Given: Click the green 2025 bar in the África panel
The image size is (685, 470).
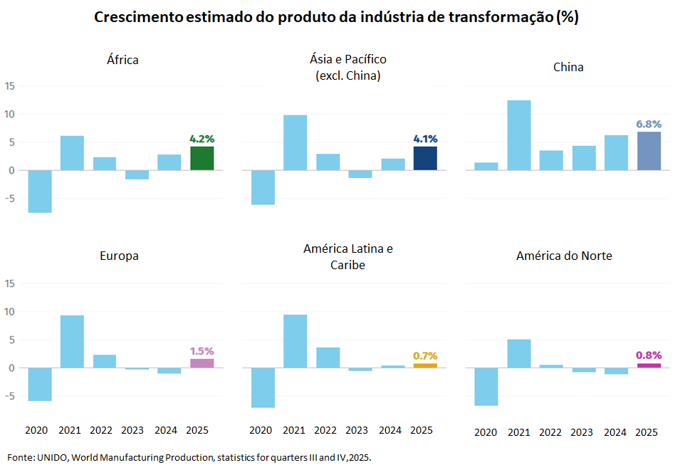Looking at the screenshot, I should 202,158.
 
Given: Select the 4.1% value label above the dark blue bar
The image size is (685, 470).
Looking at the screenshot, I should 425,139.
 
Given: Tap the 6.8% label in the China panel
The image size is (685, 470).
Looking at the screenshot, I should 649,124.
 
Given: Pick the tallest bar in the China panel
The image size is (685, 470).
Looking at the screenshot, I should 518,135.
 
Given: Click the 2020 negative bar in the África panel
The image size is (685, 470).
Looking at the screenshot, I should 40,191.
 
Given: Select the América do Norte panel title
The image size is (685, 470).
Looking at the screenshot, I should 564,256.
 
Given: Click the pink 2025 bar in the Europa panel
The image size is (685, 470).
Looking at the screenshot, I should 202,363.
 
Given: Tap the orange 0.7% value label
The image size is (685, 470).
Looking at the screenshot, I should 425,355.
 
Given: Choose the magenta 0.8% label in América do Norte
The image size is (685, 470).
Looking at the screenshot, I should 649,355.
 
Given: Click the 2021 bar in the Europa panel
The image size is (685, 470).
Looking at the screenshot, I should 72,341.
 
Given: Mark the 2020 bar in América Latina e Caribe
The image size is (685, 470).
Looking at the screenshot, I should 263,387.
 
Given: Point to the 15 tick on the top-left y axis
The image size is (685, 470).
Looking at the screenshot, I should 9,86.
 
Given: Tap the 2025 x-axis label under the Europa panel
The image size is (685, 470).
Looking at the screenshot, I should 197,430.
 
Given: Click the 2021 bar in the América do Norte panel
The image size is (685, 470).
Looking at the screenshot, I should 518,353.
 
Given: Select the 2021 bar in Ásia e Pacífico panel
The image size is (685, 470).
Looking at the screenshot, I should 295,142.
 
